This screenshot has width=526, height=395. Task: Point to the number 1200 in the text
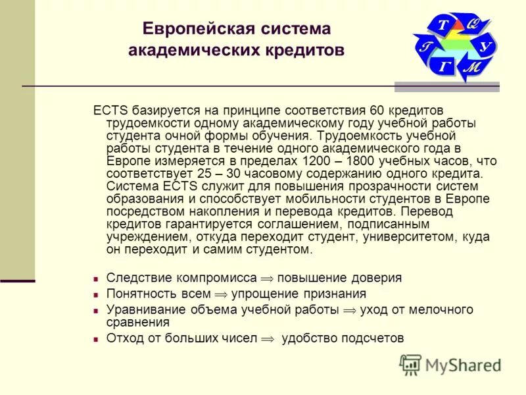[317, 161]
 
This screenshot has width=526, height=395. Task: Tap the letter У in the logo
[485, 47]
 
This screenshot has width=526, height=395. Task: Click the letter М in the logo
[471, 67]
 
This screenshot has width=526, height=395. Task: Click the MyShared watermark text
[463, 365]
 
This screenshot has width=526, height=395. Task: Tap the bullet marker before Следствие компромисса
[96, 279]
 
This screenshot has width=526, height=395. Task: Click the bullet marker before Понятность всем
[96, 295]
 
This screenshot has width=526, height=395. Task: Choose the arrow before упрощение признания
[220, 295]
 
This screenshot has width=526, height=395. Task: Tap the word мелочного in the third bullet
[447, 310]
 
